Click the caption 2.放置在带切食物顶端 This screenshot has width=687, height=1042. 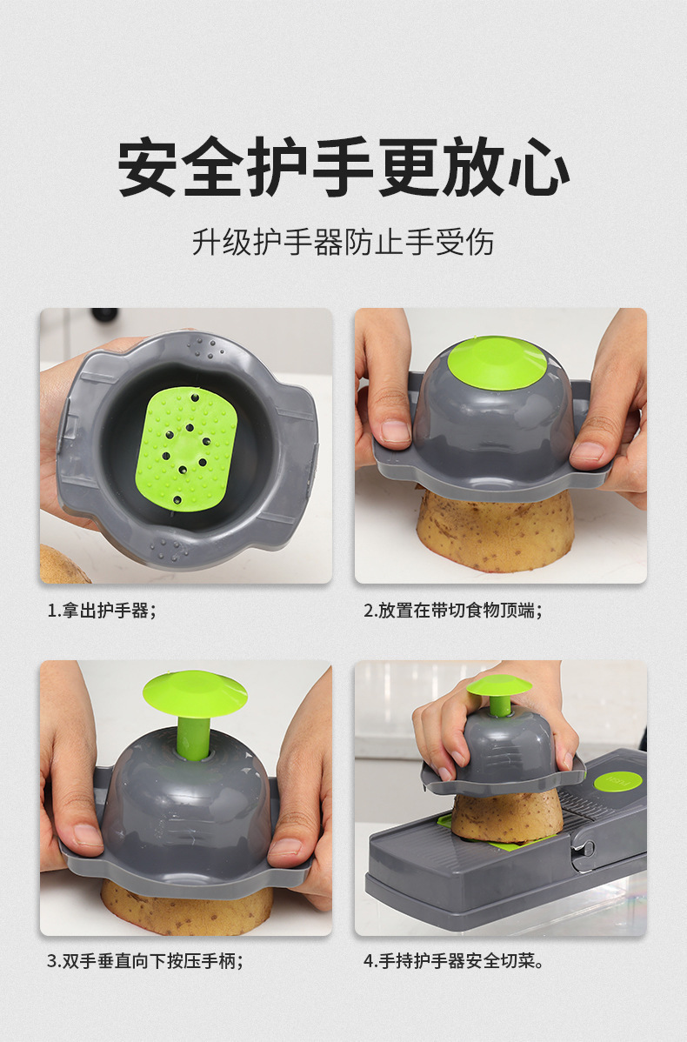pyautogui.click(x=452, y=610)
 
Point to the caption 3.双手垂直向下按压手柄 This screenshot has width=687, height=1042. pyautogui.click(x=144, y=961)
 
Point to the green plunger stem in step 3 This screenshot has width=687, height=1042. pyautogui.click(x=193, y=736)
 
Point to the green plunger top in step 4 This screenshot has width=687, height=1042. pyautogui.click(x=499, y=685)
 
